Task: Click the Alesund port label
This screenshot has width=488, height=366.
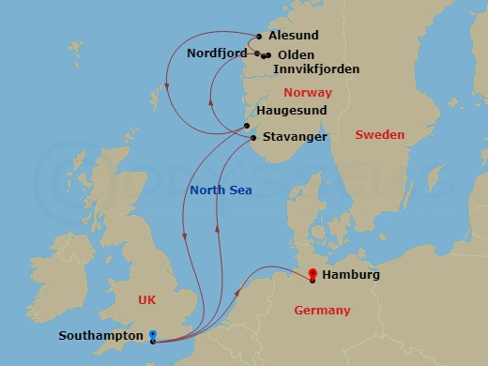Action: (x=293, y=36)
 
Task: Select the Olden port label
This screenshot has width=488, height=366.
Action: (x=296, y=55)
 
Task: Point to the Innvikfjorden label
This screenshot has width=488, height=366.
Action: (x=315, y=69)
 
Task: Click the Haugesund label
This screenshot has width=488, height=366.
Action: (x=292, y=111)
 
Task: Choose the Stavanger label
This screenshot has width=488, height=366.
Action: (x=294, y=137)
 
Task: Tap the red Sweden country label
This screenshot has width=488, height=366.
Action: (x=379, y=135)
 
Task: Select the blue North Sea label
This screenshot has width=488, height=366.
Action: (x=221, y=191)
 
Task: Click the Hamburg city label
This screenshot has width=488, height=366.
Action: (x=350, y=276)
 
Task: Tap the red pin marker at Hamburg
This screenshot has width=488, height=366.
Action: (x=312, y=273)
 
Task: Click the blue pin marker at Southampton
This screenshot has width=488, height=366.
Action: (x=152, y=335)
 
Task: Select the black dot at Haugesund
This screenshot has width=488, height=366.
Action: (x=247, y=126)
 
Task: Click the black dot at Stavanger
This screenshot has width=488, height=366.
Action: (x=252, y=140)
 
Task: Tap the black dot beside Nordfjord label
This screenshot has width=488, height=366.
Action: (x=256, y=53)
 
